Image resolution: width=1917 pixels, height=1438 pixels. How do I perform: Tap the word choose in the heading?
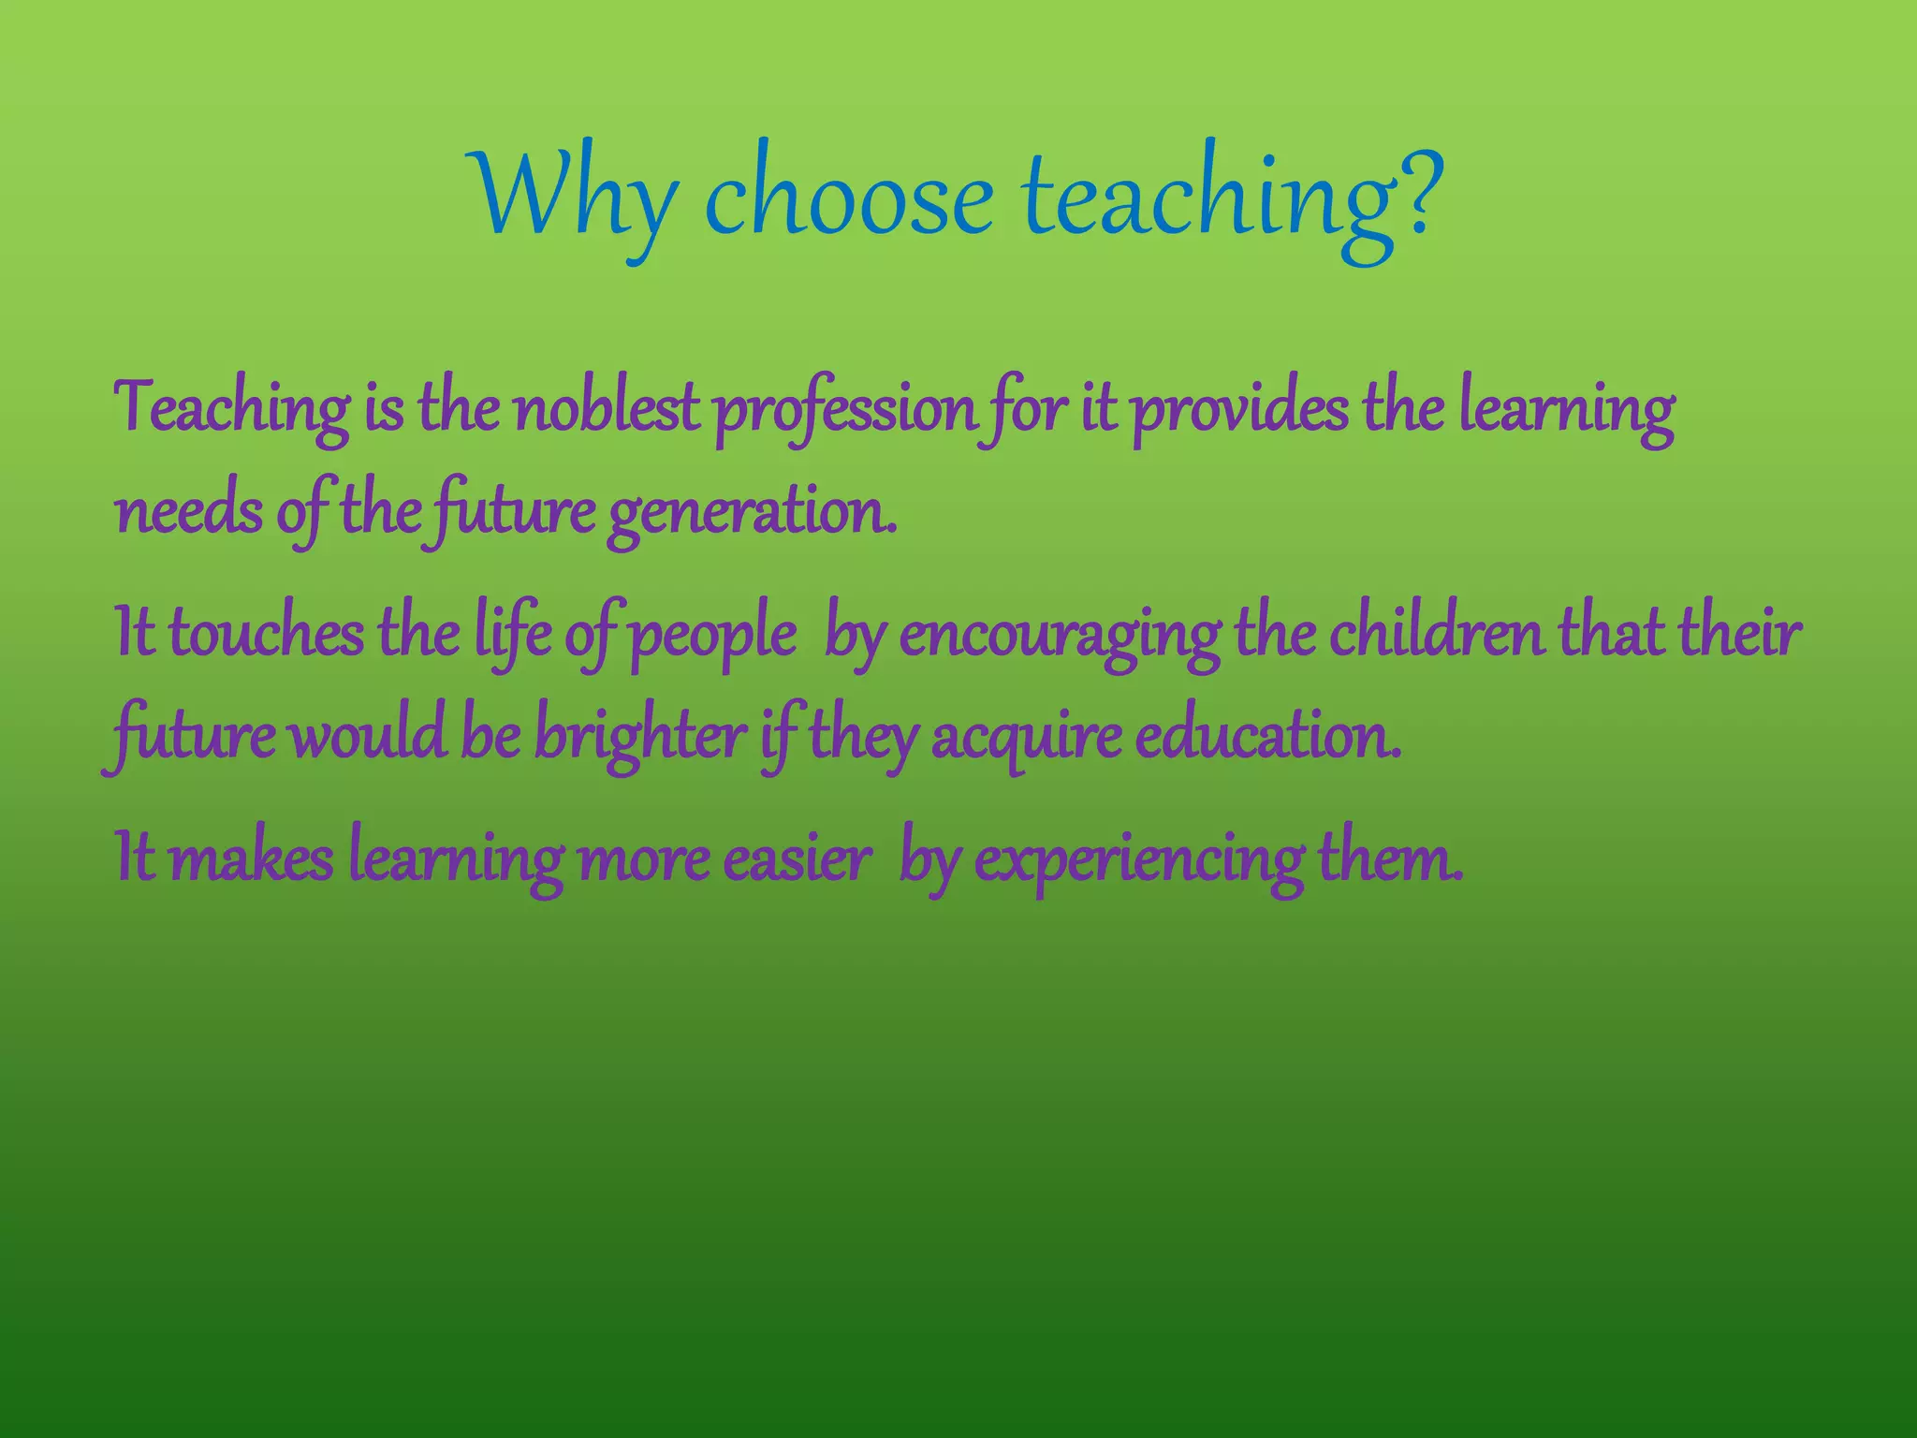pyautogui.click(x=847, y=198)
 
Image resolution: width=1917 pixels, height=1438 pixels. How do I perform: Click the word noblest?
pyautogui.click(x=607, y=410)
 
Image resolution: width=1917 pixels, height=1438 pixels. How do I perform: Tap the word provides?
pyautogui.click(x=1241, y=410)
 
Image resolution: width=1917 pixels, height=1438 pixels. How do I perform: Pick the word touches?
pyautogui.click(x=266, y=634)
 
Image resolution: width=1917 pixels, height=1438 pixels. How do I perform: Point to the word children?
pyautogui.click(x=1436, y=634)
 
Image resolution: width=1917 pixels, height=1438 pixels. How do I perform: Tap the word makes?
pyautogui.click(x=251, y=858)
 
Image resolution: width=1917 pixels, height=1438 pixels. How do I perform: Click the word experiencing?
pyautogui.click(x=1138, y=860)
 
